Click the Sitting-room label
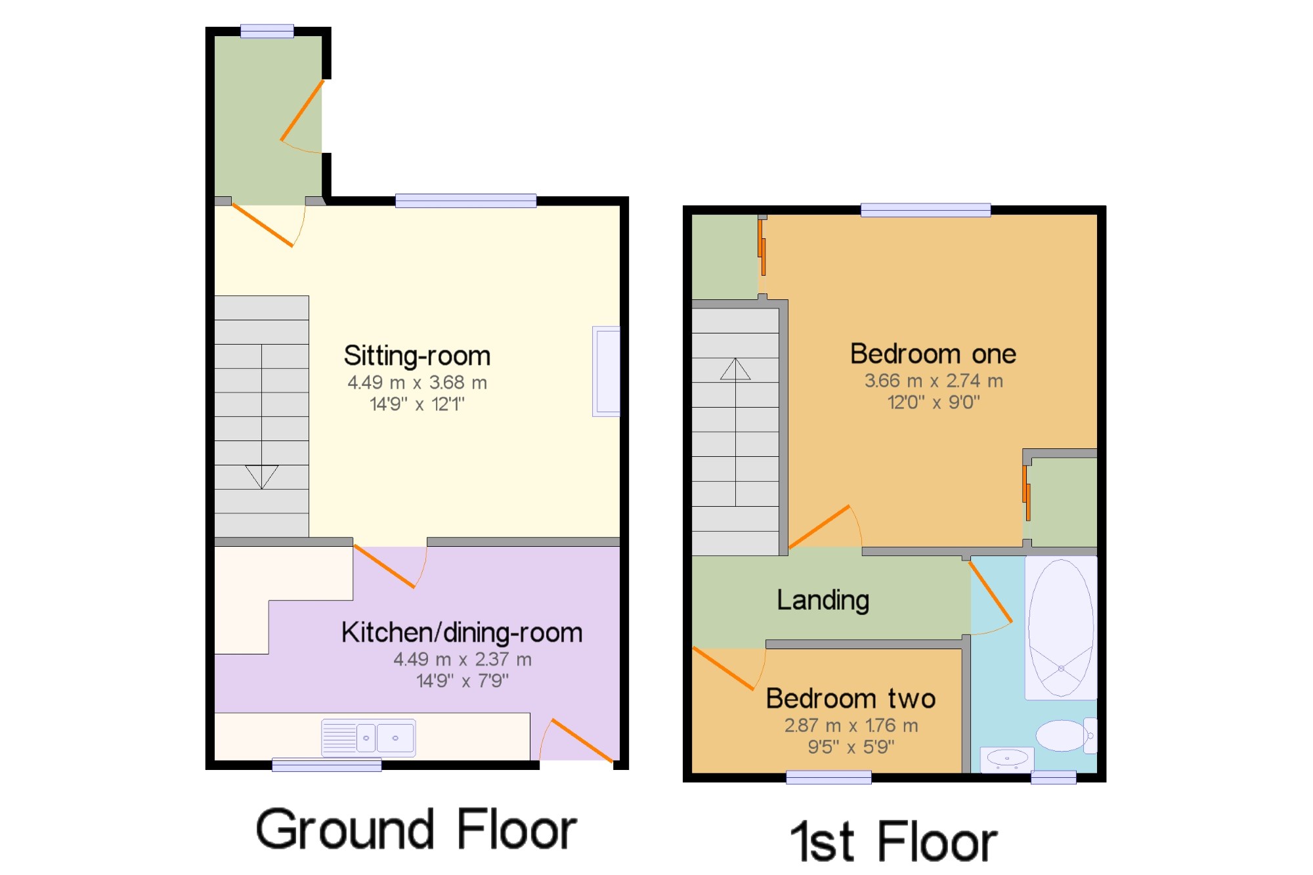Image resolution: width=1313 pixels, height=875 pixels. point(417,356)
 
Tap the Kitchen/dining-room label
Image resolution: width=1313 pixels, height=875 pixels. point(462,633)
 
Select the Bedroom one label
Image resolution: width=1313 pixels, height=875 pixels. point(933,354)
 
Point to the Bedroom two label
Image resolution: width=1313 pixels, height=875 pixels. point(850,698)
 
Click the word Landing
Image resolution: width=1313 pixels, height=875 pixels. point(823,601)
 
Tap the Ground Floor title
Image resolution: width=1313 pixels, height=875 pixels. point(416,829)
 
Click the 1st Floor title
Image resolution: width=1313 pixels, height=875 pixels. point(893,841)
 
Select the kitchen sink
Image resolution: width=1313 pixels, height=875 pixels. point(368,738)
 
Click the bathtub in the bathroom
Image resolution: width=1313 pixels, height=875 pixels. point(1061,628)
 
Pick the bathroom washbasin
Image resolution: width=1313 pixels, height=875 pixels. point(1007,759)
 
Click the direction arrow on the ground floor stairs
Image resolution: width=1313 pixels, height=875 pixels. point(262,477)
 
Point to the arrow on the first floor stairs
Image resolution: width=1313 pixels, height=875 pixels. point(735,369)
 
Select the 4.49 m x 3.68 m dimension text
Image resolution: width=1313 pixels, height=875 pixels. point(417,383)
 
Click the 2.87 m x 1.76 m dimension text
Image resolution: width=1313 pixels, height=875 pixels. point(851,725)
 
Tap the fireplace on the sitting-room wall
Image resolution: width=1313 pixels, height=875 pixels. point(606,371)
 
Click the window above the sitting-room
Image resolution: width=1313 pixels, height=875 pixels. point(465,201)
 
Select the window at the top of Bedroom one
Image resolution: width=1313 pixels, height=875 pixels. point(926,210)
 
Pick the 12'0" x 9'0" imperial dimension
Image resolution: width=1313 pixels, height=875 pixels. point(934,402)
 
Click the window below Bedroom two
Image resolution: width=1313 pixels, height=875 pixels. point(829,777)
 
